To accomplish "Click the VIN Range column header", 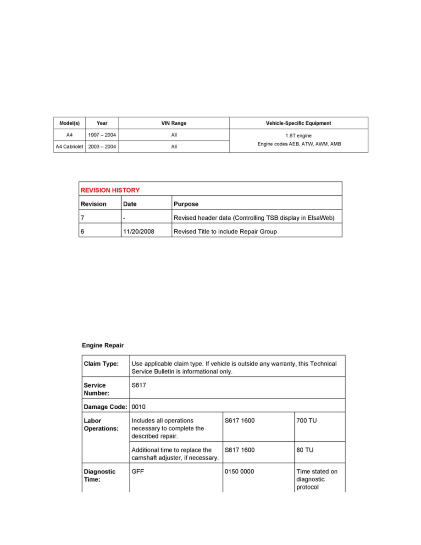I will coord(174,123).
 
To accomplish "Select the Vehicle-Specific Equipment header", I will coord(299,123).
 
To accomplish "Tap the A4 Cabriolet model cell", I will coord(70,147).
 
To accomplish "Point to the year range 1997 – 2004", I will coord(102,135).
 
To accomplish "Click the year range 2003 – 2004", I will coord(102,147).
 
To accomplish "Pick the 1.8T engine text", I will coord(299,136).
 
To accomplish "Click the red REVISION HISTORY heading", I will coord(110,190).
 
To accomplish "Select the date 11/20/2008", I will coord(138,232).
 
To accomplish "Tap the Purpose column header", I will coord(186,204).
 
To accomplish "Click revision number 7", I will coord(83,218).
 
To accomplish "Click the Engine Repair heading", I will coord(103,345).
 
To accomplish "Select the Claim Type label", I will coord(101,364).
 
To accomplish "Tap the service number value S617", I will coord(138,385).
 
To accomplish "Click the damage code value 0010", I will coord(138,406).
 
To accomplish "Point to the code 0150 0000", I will coord(239,472).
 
